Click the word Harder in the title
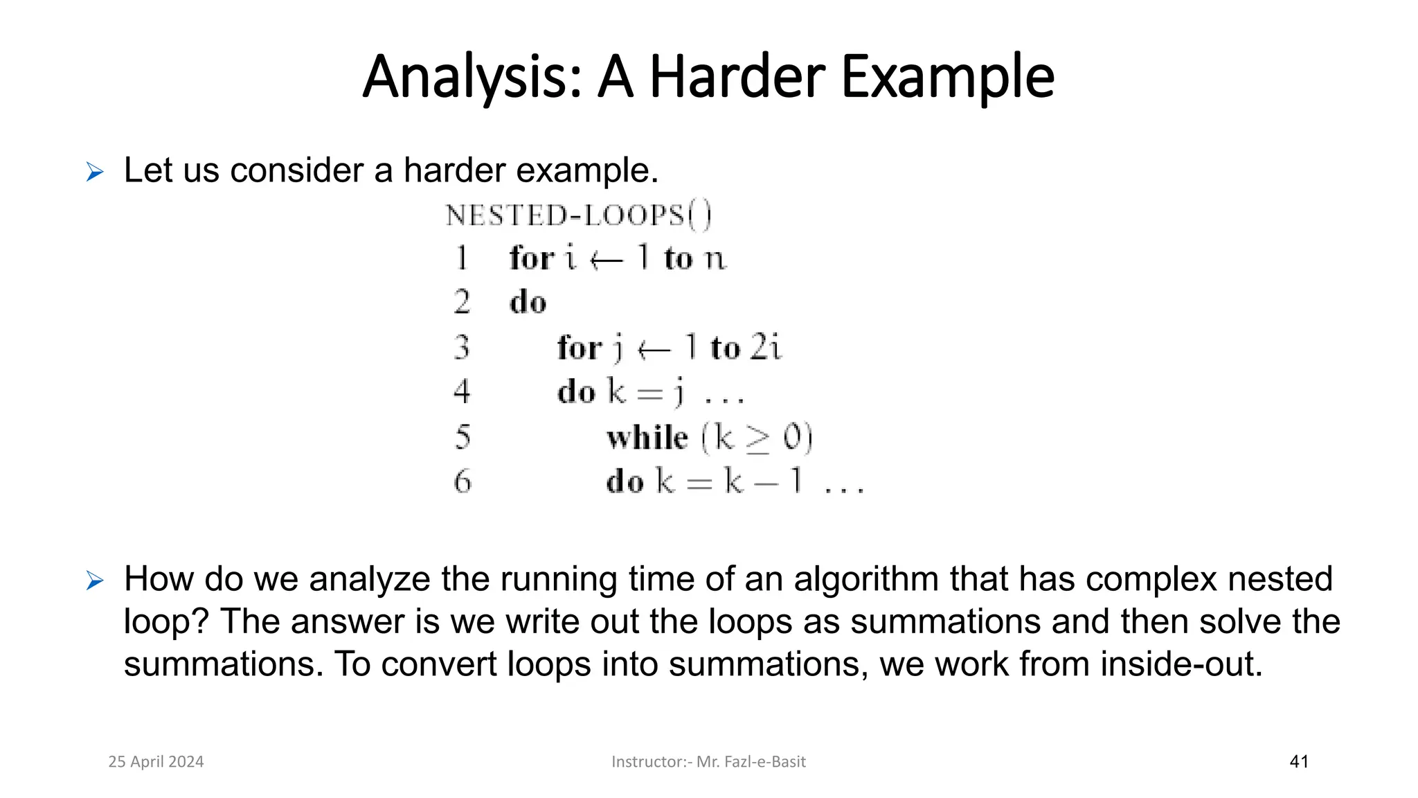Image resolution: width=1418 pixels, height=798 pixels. (737, 77)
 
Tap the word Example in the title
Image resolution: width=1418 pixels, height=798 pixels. (948, 78)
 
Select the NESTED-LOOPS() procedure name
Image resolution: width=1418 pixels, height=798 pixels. (578, 215)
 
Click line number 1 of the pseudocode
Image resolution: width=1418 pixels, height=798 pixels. (462, 258)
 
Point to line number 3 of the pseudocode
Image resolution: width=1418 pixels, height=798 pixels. (462, 347)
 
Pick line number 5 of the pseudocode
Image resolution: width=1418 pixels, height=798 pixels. (463, 437)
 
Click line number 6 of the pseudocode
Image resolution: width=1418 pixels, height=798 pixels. (463, 481)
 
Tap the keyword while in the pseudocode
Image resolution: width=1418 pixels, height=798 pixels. (647, 438)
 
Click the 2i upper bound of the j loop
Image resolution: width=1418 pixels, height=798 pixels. (766, 347)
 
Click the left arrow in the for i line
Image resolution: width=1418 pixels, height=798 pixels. (607, 260)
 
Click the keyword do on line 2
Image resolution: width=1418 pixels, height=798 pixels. (528, 303)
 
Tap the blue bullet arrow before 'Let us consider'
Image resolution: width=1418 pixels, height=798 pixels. (95, 172)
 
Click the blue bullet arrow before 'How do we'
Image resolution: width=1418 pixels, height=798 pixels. (95, 580)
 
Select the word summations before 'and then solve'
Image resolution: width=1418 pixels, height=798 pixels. (945, 621)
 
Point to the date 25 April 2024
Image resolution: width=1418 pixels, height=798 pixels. (156, 762)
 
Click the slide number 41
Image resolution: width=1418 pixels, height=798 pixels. (1299, 762)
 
